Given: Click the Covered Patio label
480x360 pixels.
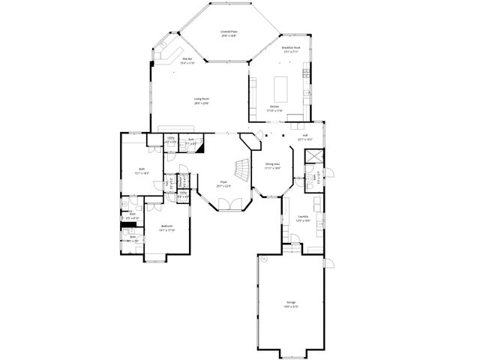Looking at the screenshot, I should pyautogui.click(x=227, y=31).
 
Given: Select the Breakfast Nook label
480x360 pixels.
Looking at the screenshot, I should pyautogui.click(x=290, y=47).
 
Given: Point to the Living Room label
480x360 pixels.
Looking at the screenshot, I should pyautogui.click(x=201, y=99).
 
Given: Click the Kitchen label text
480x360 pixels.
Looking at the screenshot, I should pyautogui.click(x=274, y=106).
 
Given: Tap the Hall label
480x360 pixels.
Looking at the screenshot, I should pyautogui.click(x=304, y=135).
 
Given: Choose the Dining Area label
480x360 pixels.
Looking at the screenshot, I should pyautogui.click(x=272, y=163).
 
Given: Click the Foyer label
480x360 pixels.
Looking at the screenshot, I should pyautogui.click(x=223, y=182).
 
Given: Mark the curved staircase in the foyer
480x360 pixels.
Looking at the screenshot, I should pyautogui.click(x=241, y=167).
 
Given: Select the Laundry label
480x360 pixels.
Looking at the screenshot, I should pyautogui.click(x=302, y=217).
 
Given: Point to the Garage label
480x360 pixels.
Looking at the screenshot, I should pyautogui.click(x=290, y=302).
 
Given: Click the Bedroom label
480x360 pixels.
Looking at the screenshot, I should pyautogui.click(x=167, y=226).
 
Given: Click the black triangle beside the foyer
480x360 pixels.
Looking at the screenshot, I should pyautogui.click(x=200, y=147).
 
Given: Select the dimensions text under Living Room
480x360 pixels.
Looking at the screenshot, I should pyautogui.click(x=201, y=103).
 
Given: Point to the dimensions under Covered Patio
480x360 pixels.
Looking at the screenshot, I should pyautogui.click(x=227, y=35).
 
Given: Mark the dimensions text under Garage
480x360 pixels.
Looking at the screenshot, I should pyautogui.click(x=290, y=306).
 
